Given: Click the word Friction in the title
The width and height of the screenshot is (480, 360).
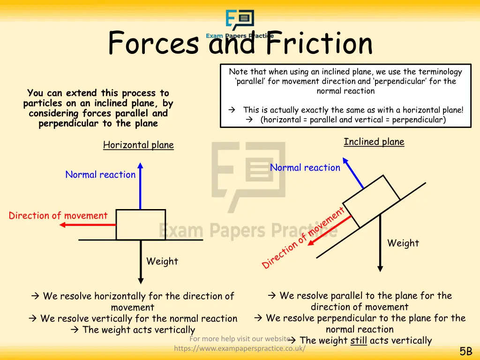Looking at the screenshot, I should coord(319,43).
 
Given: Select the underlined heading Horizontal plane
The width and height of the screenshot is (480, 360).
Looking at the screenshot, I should coord(138,145).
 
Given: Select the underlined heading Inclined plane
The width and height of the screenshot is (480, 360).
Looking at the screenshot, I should coord(374,142).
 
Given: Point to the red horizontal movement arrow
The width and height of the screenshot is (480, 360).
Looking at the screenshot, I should coord(89,225).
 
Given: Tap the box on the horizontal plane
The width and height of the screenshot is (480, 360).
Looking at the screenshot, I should coord(141,225).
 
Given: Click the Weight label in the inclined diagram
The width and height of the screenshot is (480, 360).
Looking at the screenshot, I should coord(403,243).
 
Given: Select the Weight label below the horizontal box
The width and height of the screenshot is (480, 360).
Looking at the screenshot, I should coord(162,261).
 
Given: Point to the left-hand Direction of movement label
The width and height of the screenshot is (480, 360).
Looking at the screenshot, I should coord(58,216).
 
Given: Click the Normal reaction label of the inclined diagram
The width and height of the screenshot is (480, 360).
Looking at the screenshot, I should coord(305,168).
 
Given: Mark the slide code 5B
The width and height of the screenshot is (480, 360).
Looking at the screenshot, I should coord(465,352).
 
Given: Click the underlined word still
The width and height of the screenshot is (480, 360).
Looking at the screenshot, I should coord(359,340).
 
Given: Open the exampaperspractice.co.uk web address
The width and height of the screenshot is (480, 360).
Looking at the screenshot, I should coord(240,348).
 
